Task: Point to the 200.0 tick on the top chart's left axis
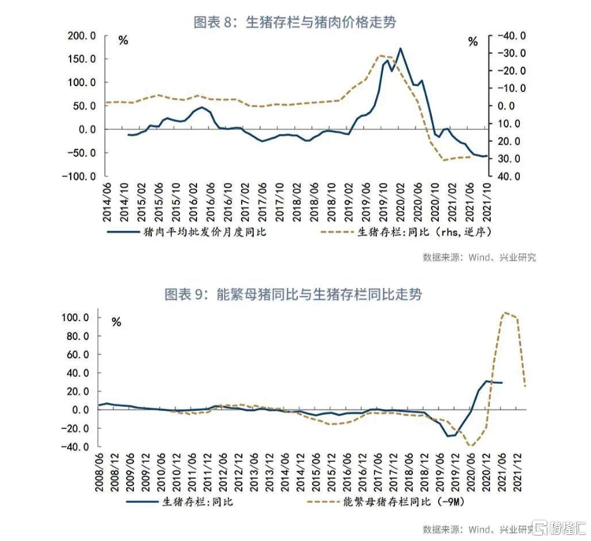83,36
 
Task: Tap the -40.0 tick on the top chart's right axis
504,36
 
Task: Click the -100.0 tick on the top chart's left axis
81,176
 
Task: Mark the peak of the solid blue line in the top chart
400,49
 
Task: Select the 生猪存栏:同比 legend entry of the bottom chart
197,500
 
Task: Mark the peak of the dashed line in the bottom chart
505,312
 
